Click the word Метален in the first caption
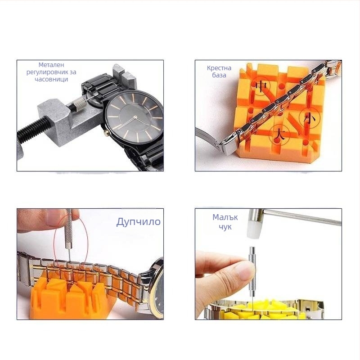click(51, 65)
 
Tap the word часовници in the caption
click(51, 80)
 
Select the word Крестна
click(219, 68)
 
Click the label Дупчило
click(138, 222)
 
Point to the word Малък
click(225, 217)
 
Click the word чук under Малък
click(225, 227)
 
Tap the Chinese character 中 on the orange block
click(261, 86)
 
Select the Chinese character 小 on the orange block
click(310, 118)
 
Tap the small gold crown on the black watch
click(106, 133)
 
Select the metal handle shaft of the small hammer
click(302, 216)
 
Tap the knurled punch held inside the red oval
click(69, 229)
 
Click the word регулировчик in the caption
click(51, 72)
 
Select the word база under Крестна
click(219, 75)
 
